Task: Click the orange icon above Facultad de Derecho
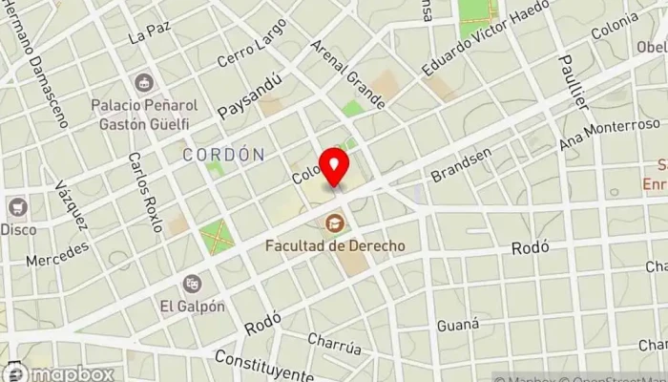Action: [335, 224]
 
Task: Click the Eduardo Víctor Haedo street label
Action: [488, 41]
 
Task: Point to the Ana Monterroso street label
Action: [611, 135]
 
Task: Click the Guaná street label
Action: [457, 325]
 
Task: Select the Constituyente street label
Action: [263, 365]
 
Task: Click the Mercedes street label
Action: [56, 252]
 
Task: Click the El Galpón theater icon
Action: [193, 284]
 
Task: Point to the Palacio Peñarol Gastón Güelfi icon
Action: [144, 84]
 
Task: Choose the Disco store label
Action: [18, 229]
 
